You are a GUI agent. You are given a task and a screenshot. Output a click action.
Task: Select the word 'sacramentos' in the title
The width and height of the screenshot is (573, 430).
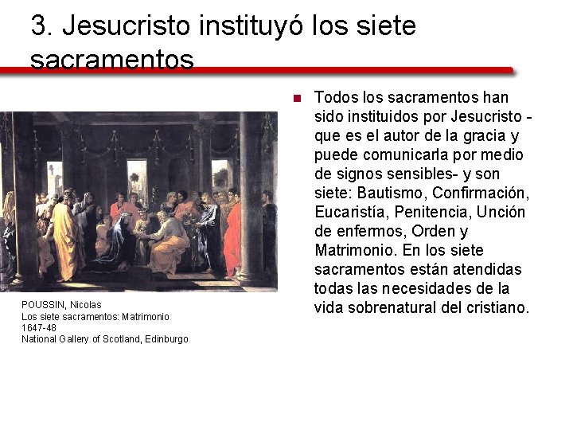[x=112, y=59]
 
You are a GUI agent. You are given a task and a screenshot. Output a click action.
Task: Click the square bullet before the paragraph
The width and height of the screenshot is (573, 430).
[x=294, y=99]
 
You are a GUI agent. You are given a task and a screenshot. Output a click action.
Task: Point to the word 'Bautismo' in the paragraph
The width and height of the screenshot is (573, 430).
[x=388, y=193]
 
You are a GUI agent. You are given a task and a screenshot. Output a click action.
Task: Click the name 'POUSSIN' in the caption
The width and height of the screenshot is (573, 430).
[x=44, y=305]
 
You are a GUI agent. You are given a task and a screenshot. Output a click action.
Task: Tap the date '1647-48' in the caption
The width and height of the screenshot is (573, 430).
[x=39, y=327]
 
